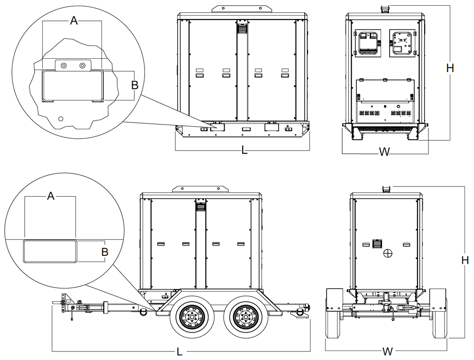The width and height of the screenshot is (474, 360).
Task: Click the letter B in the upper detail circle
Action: click(135, 85)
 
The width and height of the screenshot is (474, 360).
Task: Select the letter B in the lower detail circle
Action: click(104, 251)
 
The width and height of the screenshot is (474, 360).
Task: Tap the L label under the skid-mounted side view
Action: click(244, 151)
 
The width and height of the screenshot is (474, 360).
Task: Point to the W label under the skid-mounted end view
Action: click(384, 152)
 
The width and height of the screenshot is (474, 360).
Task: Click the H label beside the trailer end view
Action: click(465, 260)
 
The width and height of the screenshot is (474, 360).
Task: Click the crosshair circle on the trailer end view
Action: click(388, 254)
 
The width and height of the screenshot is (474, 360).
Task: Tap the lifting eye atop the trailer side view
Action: click(201, 189)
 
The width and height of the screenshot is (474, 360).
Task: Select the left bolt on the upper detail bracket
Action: click(64, 65)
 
